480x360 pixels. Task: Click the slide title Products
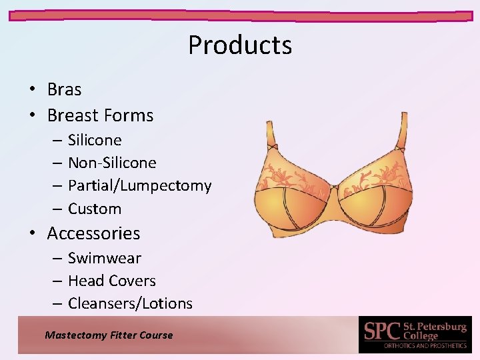[240, 45]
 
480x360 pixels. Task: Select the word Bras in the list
[64, 89]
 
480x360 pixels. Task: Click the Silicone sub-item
[95, 140]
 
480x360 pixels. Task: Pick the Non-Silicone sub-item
[112, 163]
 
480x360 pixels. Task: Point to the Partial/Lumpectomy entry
[139, 185]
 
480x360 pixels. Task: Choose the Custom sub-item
[95, 209]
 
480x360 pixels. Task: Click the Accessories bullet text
[93, 233]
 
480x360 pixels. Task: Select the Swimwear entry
[105, 258]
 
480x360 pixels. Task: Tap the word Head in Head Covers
[85, 281]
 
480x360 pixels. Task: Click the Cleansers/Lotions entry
[130, 303]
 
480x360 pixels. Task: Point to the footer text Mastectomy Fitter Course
[109, 335]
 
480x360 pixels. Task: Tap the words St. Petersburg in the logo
[435, 327]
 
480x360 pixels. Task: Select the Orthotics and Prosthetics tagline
[425, 346]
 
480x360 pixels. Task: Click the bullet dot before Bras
[32, 90]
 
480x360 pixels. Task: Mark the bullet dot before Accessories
[32, 234]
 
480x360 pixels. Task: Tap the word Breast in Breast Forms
[72, 115]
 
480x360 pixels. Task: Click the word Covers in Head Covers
[133, 281]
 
